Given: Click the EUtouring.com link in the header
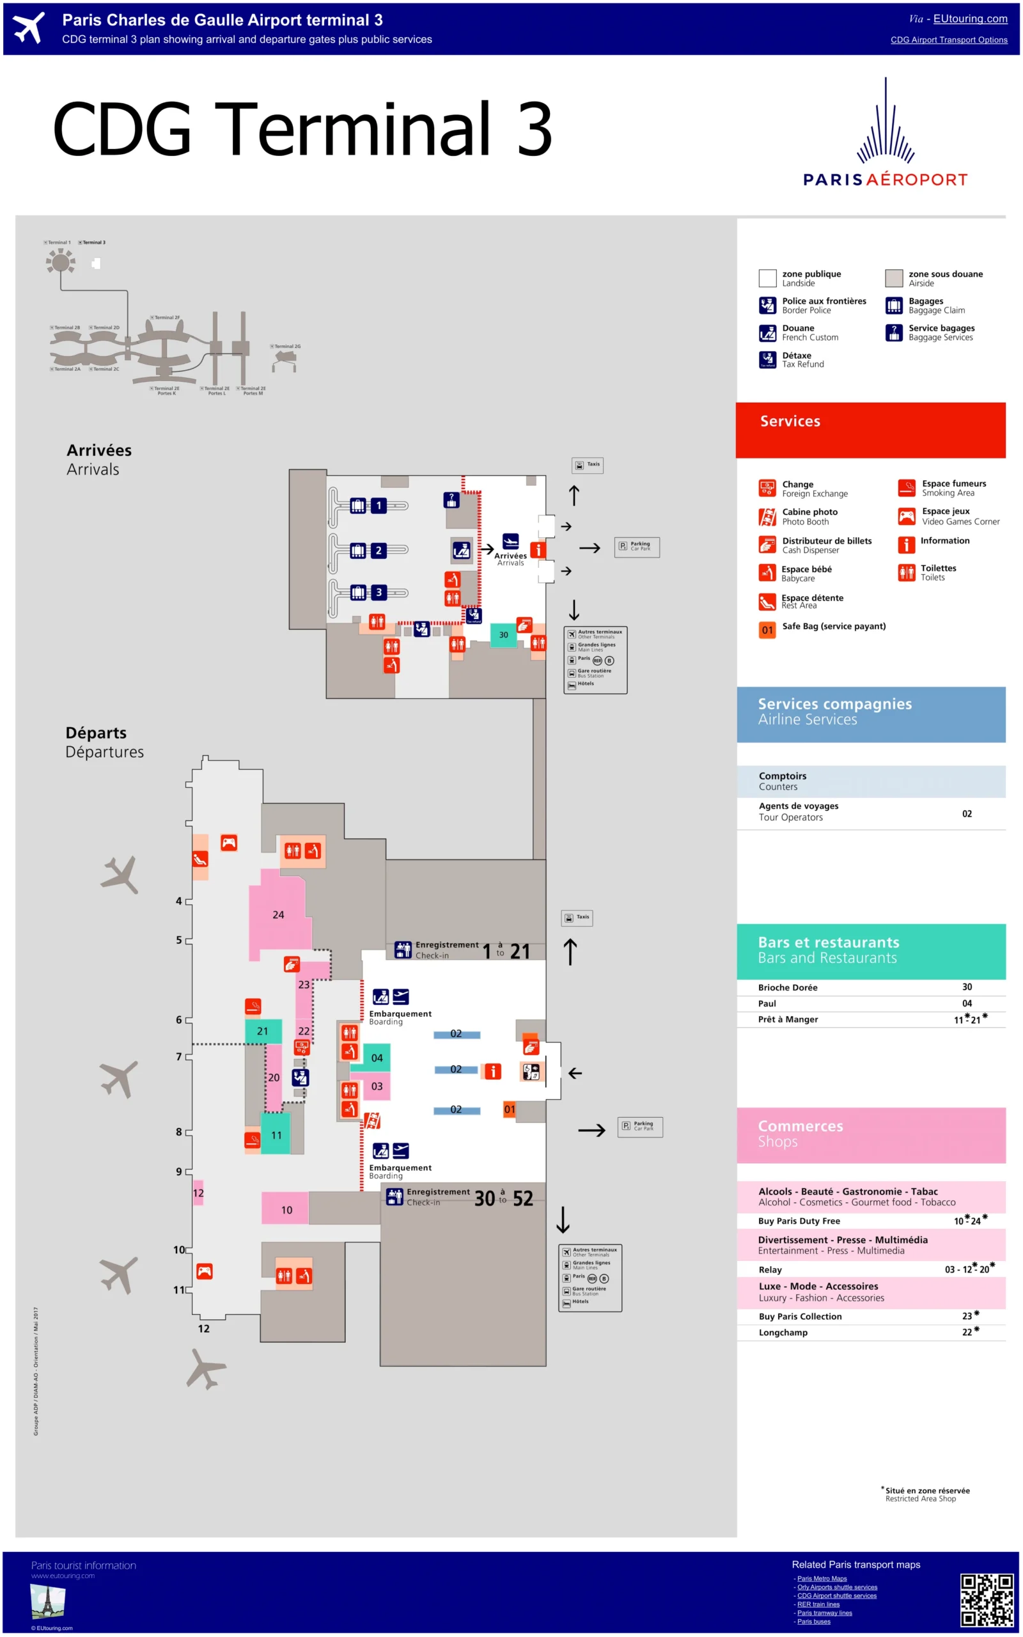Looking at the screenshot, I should click(970, 19).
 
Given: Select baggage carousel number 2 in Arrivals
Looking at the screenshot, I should click(379, 551).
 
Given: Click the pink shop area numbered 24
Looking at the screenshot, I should click(278, 914).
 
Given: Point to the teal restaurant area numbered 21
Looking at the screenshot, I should click(263, 1031).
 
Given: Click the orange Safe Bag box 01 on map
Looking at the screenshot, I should click(510, 1109).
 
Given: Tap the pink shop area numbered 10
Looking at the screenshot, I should click(286, 1210).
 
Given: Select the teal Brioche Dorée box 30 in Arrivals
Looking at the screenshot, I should click(503, 634).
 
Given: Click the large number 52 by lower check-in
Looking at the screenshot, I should click(523, 1199).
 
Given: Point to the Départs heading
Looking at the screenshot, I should click(96, 733).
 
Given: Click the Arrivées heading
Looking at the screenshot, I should click(98, 451).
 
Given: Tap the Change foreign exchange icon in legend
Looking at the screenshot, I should click(767, 488).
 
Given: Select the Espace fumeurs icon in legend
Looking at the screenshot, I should click(907, 488).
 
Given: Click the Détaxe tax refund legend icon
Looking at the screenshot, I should click(767, 360).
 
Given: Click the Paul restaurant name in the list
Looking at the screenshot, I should click(767, 1004).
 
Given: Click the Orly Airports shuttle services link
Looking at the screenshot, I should click(837, 1587).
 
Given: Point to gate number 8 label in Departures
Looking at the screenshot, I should click(179, 1132).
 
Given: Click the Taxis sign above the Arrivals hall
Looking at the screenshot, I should click(588, 465).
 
